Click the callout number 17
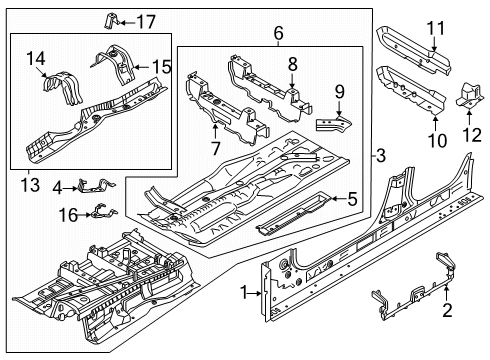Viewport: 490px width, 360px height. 146,22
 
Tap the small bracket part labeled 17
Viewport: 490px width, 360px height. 111,21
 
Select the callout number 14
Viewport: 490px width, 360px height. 36,59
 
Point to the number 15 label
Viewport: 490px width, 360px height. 162,67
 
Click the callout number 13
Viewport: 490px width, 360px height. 30,185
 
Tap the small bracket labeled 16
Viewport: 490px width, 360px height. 104,211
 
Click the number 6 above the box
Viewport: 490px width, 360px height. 279,33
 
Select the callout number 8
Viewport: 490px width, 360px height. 293,64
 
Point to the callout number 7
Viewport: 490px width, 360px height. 216,148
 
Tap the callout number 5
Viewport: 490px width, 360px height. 352,199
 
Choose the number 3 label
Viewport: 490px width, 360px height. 381,155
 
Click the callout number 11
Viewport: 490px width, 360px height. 436,28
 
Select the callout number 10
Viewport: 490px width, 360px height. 437,140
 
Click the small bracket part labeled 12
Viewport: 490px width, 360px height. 469,96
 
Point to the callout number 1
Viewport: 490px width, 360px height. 244,293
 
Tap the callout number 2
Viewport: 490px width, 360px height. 447,310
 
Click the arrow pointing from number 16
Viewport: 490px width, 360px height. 84,215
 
